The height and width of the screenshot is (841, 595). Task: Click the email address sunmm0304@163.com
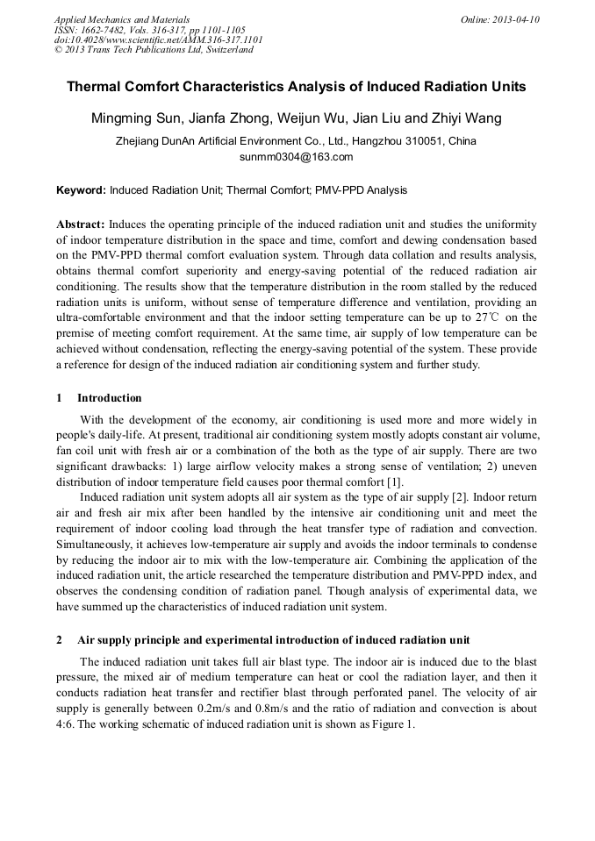296,158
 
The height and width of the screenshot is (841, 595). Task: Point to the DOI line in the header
158,39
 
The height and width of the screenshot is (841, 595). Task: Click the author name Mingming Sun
135,118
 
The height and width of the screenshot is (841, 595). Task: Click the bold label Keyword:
82,190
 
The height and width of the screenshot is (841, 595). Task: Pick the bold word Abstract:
81,224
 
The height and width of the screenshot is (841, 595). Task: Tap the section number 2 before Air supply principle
60,639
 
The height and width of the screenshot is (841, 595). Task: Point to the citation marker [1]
395,482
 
